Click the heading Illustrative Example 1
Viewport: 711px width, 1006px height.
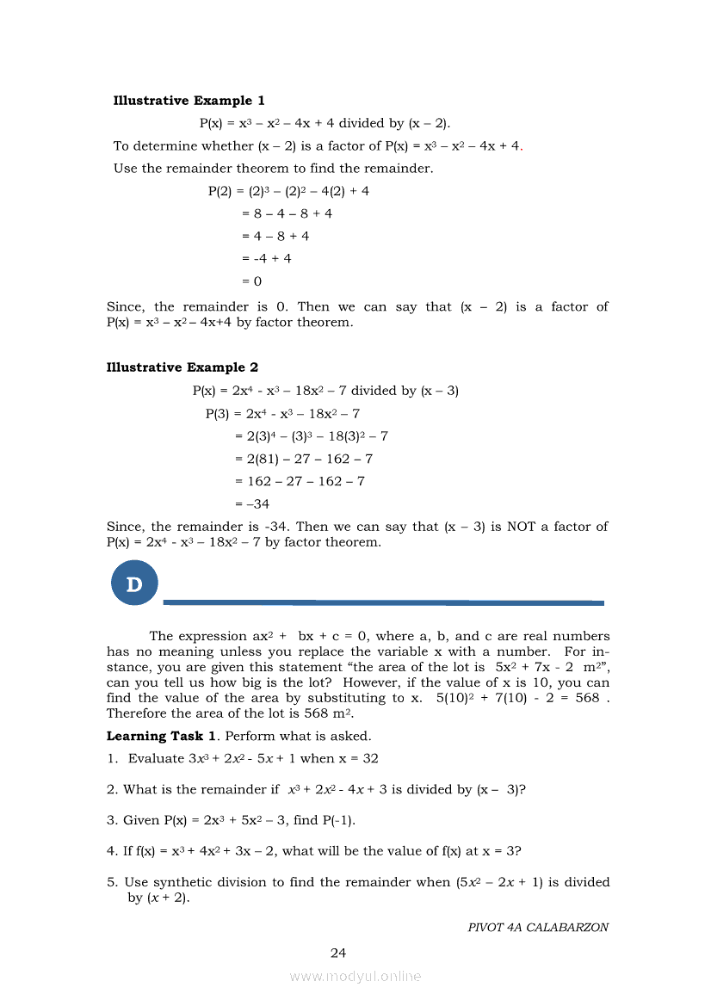click(189, 101)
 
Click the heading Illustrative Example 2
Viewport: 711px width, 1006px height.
click(182, 367)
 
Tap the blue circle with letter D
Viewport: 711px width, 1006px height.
click(134, 583)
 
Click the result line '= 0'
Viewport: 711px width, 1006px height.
click(252, 281)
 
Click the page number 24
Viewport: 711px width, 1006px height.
click(338, 953)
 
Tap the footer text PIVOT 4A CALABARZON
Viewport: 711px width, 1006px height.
click(538, 928)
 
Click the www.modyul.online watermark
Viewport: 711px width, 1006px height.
click(355, 977)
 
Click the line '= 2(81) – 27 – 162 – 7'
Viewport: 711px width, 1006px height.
click(304, 459)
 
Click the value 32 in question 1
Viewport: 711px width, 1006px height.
click(370, 758)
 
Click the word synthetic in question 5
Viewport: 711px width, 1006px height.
click(185, 882)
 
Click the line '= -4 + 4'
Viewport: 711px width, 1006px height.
click(267, 258)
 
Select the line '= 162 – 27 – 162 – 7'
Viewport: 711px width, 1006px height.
click(300, 481)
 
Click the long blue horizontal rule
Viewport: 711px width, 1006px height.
click(383, 602)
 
